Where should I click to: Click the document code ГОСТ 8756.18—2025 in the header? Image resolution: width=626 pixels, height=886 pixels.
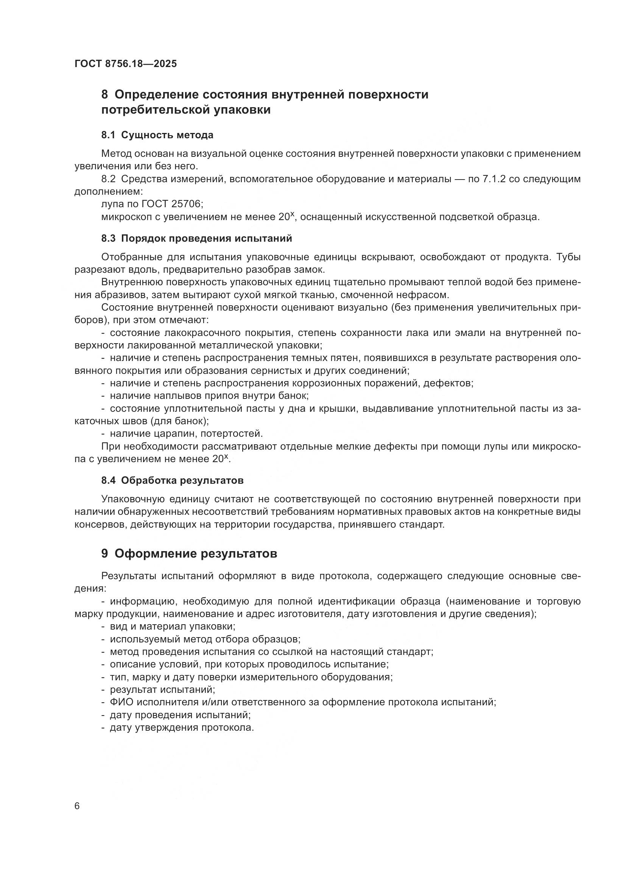pos(126,64)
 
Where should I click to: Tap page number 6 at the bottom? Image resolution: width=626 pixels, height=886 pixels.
pos(77,806)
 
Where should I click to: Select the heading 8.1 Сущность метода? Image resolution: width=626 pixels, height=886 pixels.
pos(157,135)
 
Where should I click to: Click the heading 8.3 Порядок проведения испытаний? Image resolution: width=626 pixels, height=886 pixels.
pos(196,239)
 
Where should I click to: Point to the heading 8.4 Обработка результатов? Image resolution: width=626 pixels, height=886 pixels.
pos(172,480)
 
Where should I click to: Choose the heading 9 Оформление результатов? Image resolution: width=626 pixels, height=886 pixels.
pos(189,554)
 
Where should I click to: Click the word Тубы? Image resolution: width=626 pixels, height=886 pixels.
pos(568,257)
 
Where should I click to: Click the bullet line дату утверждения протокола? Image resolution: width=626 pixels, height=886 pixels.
pos(182,727)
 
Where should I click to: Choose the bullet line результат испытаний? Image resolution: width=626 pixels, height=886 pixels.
pos(162,689)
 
